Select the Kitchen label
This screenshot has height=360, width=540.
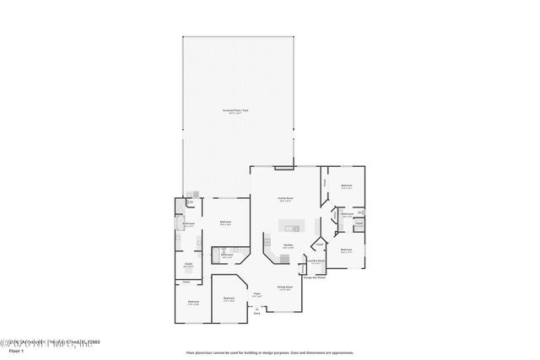[x=288, y=244]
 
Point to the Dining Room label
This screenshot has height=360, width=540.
[x=285, y=287]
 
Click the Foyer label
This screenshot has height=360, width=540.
[x=256, y=294]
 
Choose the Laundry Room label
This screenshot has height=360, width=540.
[x=316, y=261]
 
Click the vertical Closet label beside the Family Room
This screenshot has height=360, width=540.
[x=325, y=180]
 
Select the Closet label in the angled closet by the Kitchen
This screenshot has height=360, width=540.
[x=319, y=244]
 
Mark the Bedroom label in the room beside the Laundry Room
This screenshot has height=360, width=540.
[x=346, y=250]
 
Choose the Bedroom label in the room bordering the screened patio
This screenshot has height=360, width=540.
[x=225, y=223]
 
